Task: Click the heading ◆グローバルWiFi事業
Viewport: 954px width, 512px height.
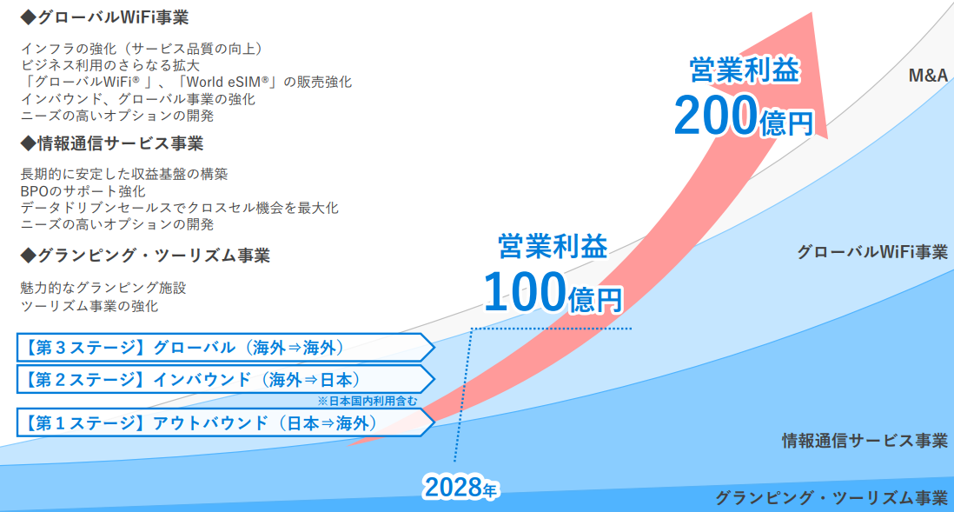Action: tap(104, 17)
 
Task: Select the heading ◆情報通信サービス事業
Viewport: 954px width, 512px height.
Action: tap(112, 143)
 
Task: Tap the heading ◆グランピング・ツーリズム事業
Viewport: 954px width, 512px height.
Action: tap(145, 256)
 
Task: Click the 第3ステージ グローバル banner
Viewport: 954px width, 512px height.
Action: tap(225, 348)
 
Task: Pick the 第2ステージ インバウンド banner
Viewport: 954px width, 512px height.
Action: tap(225, 380)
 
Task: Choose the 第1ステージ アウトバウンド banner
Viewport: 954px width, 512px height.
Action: tap(225, 423)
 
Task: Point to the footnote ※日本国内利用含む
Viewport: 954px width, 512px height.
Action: tap(368, 402)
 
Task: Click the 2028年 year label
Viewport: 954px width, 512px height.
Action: tap(460, 487)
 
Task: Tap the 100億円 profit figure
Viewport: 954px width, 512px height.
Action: tap(553, 292)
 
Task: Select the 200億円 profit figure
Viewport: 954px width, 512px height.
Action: tap(744, 116)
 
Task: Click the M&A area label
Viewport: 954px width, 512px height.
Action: tap(928, 76)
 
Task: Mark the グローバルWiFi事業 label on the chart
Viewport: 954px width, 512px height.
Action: tap(872, 251)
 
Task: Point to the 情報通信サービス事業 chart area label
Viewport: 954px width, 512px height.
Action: tap(865, 440)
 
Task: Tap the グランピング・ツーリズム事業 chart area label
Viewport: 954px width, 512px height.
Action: tap(831, 498)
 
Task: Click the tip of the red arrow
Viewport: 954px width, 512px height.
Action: tap(812, 12)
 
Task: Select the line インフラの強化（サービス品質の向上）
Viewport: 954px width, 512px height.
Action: tap(142, 49)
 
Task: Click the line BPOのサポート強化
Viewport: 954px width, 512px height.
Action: tap(83, 191)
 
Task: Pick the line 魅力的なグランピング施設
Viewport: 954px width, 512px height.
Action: tap(103, 288)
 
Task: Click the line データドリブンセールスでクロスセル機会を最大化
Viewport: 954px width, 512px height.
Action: tap(180, 208)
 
